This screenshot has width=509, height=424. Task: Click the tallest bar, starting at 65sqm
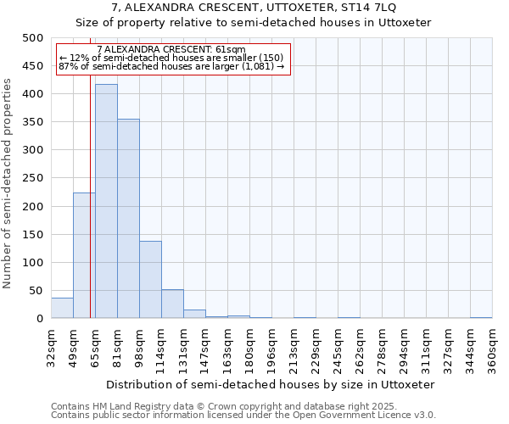(106, 202)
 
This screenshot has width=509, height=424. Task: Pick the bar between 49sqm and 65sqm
(84, 255)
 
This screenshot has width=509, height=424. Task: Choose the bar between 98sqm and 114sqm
(150, 280)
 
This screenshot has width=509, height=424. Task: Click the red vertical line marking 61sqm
(90, 212)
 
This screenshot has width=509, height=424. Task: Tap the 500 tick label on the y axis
(32, 38)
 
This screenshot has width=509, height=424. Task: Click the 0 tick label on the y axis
(39, 319)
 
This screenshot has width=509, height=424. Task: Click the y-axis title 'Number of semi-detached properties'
(8, 183)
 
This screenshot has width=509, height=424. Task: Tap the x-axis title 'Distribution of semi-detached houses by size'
(243, 384)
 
